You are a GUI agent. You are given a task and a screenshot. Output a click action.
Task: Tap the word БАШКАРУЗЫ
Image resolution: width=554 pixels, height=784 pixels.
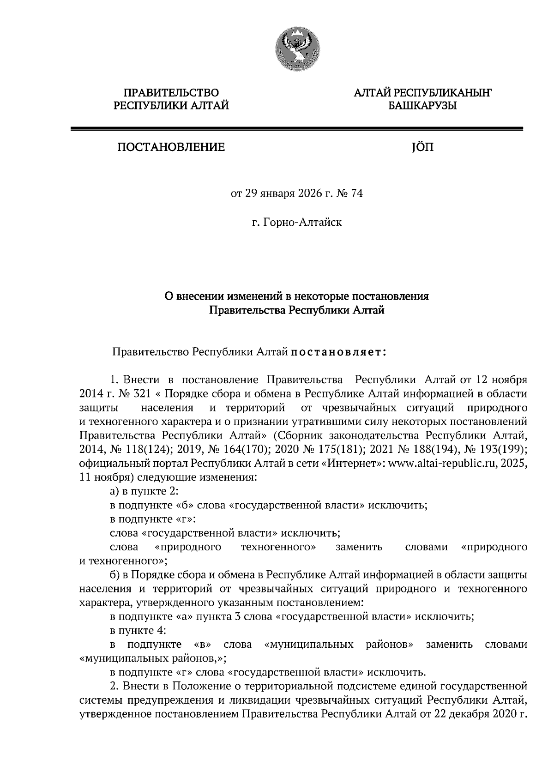coord(422,106)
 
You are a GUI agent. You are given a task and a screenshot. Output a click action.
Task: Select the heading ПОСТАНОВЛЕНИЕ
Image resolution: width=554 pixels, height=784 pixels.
coord(171,147)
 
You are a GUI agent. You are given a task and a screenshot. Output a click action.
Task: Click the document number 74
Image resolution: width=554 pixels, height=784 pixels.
coord(357,193)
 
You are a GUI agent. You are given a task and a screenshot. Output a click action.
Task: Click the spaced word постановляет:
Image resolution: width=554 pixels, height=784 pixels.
coord(338,353)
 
